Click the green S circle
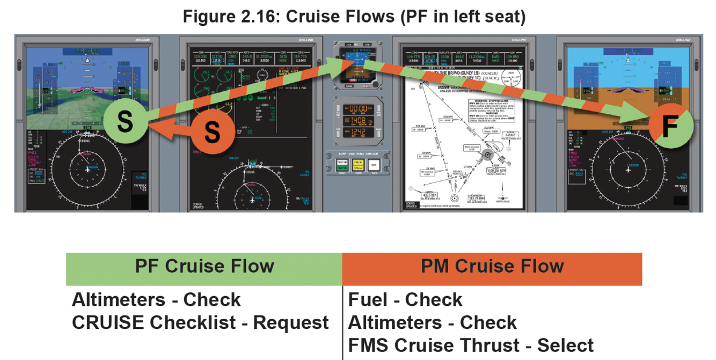[x=125, y=121]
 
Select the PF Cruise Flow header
[x=204, y=267]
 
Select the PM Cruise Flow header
[x=492, y=267]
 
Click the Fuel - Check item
[x=405, y=299]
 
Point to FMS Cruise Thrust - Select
[x=471, y=345]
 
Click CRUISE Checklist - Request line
[x=200, y=322]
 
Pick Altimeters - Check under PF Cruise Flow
[x=156, y=299]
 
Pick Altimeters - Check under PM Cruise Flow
[x=432, y=322]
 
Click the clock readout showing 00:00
[x=358, y=109]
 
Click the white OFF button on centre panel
[x=374, y=165]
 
